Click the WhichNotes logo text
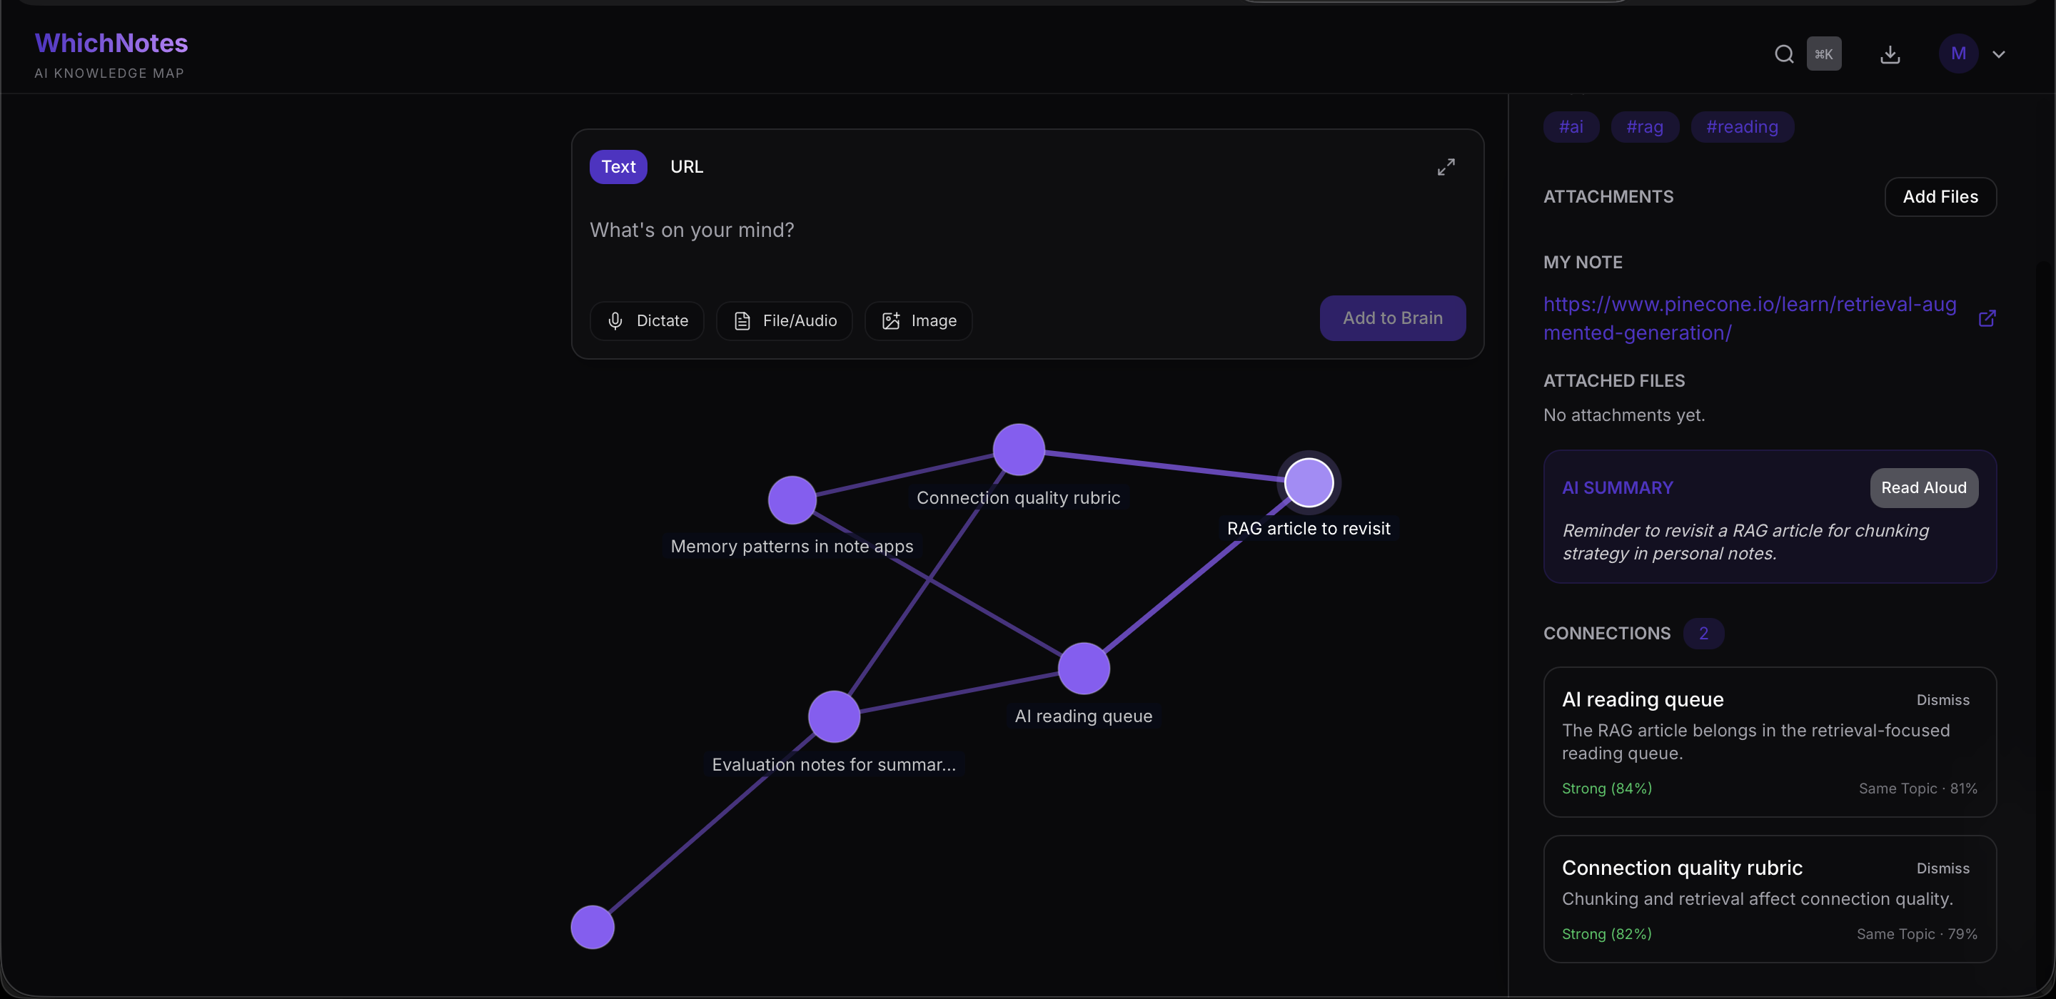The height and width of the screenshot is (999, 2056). tap(111, 43)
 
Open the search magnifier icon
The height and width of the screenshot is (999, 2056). tap(1784, 54)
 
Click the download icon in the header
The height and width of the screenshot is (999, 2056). tap(1890, 54)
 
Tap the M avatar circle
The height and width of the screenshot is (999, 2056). tap(1957, 54)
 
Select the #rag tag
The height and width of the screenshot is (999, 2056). tap(1645, 127)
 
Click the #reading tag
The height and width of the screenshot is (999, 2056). tap(1743, 127)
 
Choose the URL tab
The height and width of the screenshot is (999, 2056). tap(686, 167)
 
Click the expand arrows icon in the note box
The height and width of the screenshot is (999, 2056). tap(1446, 167)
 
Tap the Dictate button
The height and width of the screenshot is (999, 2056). tap(647, 321)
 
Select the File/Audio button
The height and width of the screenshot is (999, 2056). tap(785, 321)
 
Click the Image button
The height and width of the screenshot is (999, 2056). tap(919, 321)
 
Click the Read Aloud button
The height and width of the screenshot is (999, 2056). tap(1923, 487)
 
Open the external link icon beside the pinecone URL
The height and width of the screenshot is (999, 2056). tap(1987, 318)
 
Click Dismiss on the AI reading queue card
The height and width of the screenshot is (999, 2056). tap(1942, 700)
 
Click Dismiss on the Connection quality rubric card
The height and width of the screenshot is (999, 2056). tap(1942, 868)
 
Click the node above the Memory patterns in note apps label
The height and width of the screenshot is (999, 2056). tap(792, 500)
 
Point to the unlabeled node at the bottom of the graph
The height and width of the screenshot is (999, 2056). tap(593, 927)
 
